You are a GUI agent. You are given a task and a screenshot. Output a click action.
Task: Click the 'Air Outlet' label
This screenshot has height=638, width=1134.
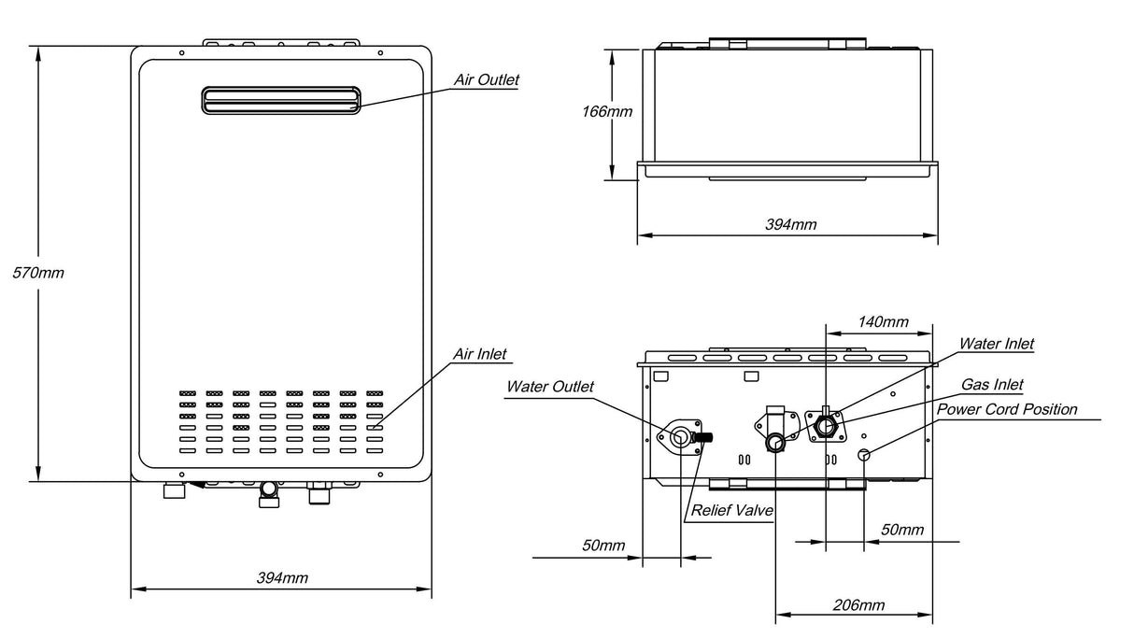pos(486,80)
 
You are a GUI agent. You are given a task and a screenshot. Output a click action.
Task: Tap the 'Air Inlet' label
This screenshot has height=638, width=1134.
pos(480,355)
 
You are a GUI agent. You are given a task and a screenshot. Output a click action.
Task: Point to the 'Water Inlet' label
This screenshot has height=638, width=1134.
pos(998,345)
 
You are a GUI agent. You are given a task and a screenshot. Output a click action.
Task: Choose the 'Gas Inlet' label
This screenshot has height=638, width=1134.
pos(993,385)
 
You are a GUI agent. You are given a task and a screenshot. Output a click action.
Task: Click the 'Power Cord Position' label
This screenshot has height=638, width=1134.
pos(1007,409)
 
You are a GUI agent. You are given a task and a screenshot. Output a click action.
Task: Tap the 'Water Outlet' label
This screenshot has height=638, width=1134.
pos(550,387)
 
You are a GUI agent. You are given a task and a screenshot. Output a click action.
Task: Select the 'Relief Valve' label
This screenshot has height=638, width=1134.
pos(725,512)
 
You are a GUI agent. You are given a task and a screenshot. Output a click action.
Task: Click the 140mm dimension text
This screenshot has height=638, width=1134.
pos(882,322)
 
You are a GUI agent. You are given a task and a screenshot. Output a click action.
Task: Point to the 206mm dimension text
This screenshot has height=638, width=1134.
pos(858,605)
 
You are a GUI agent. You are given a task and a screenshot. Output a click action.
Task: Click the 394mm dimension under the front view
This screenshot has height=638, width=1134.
pos(282,577)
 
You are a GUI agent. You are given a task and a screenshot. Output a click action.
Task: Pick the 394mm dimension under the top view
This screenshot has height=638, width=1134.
pos(790,225)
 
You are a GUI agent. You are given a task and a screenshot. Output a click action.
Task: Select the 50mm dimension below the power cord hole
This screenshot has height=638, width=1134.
pos(901,531)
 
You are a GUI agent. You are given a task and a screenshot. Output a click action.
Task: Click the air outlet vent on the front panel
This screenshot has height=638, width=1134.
pos(280,100)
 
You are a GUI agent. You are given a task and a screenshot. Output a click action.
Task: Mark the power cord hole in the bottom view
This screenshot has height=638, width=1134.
pos(864,454)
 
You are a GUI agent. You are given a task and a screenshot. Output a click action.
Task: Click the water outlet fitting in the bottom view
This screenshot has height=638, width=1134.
pos(681,435)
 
